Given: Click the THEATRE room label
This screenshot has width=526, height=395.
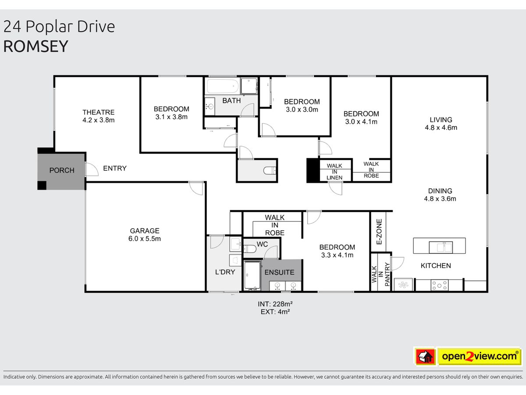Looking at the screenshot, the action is click(99, 112).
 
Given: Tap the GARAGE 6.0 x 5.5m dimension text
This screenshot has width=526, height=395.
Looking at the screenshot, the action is click(145, 239).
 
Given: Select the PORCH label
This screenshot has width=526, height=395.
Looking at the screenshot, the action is click(62, 170).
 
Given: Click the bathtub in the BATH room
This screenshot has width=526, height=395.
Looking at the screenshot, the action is click(223, 86).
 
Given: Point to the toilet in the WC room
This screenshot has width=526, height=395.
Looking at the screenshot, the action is click(250, 249).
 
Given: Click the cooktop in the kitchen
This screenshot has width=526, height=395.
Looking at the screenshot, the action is click(439, 285).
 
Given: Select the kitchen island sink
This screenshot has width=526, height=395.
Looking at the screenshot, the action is click(441, 247).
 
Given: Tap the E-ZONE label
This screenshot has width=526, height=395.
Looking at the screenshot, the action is click(379, 231).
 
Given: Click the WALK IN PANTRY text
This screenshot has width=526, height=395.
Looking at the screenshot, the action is click(381, 274).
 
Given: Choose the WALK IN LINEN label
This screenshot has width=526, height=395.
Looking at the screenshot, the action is click(334, 172).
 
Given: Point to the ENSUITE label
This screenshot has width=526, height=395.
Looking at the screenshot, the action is click(279, 272).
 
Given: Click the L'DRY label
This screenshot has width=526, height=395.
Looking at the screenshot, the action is click(225, 272).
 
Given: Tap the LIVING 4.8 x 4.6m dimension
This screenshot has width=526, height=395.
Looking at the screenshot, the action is click(441, 128).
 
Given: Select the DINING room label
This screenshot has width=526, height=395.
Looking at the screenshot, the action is click(440, 191).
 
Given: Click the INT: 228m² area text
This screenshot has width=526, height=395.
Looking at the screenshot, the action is click(275, 304).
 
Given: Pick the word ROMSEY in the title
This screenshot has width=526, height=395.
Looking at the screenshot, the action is click(36, 46).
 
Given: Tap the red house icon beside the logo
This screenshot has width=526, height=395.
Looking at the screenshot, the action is click(425, 356).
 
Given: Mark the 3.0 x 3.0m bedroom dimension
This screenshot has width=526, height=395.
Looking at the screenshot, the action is click(302, 110).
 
